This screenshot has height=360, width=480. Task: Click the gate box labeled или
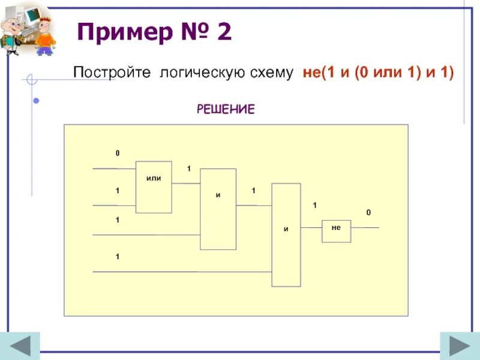pos(154,187)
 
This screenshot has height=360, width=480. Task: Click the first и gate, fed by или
pos(218,209)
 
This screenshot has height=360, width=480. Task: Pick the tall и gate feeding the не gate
pos(286,235)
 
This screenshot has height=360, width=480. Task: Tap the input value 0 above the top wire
pos(118,154)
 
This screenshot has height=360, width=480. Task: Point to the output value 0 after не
pos(368,213)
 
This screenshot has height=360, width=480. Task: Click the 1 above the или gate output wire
pos(188,169)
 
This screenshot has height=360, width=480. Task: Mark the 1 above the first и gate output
pos(253,191)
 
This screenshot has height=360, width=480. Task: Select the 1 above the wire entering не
pos(313,206)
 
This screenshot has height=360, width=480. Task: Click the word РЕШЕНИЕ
pos(226,109)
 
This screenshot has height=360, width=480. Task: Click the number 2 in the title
pos(224,32)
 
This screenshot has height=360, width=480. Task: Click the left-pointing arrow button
pos(24,346)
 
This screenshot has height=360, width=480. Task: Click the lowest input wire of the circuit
pos(180,272)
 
